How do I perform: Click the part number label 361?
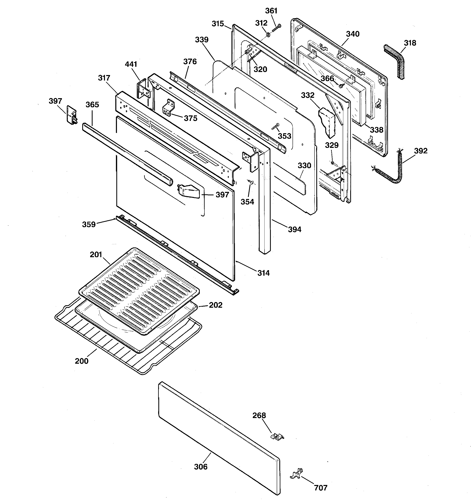point(271,11)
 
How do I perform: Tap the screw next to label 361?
point(276,28)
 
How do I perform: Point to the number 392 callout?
point(421,151)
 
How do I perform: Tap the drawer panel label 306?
point(201,467)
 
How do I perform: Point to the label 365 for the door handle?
point(92,104)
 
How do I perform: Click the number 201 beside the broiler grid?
point(96,255)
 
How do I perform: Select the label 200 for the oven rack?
point(82,361)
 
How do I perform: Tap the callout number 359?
point(89,224)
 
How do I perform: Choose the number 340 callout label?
point(352,34)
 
